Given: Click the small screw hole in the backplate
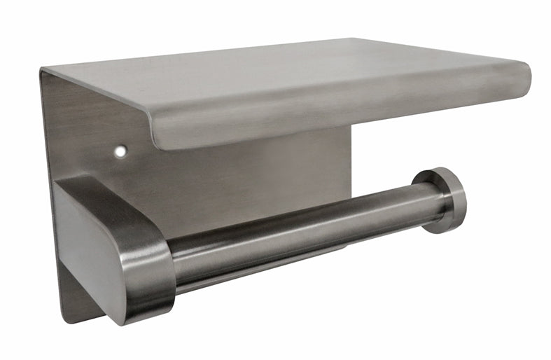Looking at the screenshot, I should pos(122,150).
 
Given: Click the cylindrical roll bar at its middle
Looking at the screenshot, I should pos(301,230).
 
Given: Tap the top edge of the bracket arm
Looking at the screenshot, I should pos(105,184).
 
